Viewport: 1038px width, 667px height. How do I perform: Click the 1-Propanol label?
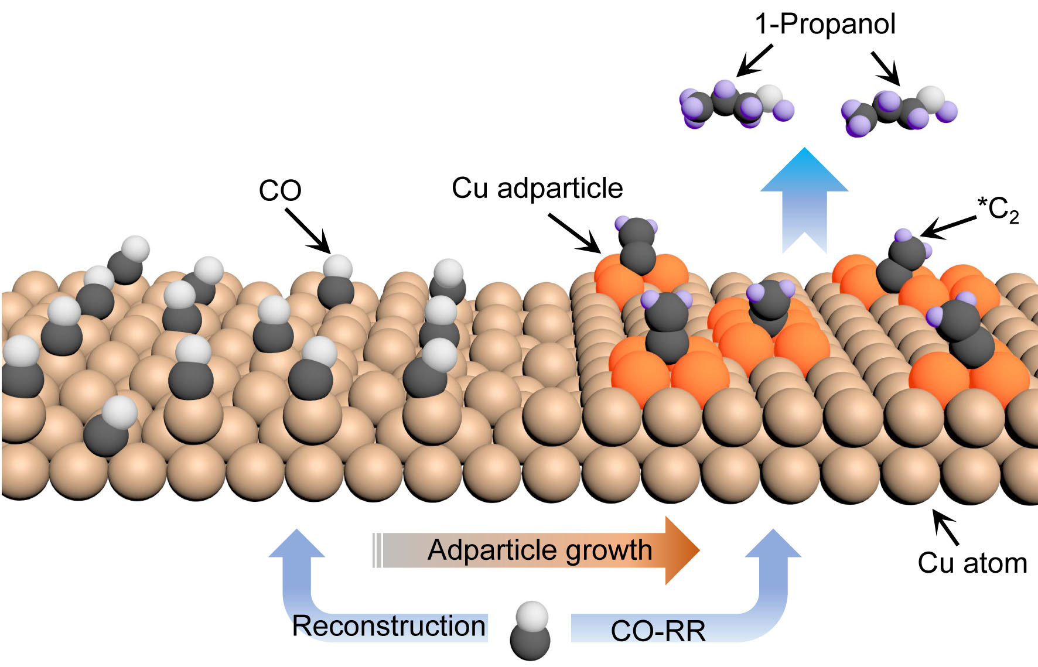pyautogui.click(x=825, y=25)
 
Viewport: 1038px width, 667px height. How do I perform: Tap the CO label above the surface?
pyautogui.click(x=280, y=190)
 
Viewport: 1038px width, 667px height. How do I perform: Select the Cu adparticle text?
pyautogui.click(x=537, y=189)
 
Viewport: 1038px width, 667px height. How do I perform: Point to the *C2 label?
pyautogui.click(x=998, y=210)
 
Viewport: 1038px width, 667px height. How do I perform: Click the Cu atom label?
pyautogui.click(x=972, y=563)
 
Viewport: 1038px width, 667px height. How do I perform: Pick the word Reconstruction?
pyautogui.click(x=389, y=626)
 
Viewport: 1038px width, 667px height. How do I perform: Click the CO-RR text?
pyautogui.click(x=658, y=631)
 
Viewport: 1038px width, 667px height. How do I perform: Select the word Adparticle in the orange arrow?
pyautogui.click(x=490, y=550)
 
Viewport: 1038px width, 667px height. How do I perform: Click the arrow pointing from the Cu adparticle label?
pyautogui.click(x=575, y=233)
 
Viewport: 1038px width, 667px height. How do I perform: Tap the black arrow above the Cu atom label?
pyautogui.click(x=945, y=527)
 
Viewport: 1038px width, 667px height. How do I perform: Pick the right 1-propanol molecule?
pyautogui.click(x=899, y=112)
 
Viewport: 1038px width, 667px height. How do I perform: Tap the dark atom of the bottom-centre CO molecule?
pyautogui.click(x=530, y=642)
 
